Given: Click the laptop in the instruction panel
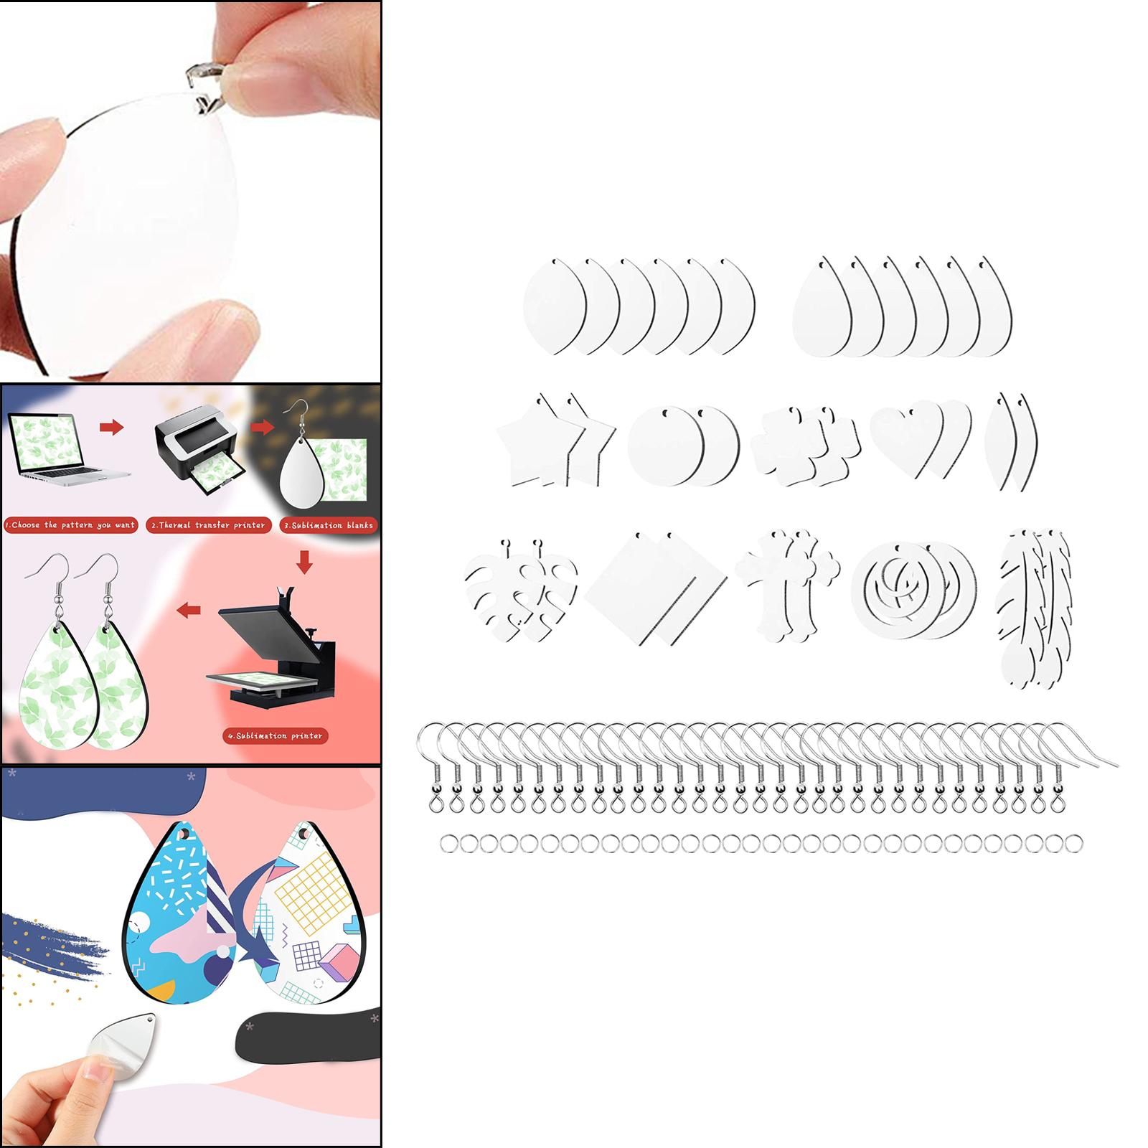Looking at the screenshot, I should (x=68, y=449).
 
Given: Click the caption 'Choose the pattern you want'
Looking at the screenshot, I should (x=71, y=524).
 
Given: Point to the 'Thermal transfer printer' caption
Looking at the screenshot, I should (x=209, y=524).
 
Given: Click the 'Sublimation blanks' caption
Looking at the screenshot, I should (x=329, y=524).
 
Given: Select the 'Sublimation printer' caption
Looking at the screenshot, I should (x=275, y=735).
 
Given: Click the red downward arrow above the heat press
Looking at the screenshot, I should (x=304, y=561).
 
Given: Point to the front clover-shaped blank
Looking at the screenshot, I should (x=782, y=445).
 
